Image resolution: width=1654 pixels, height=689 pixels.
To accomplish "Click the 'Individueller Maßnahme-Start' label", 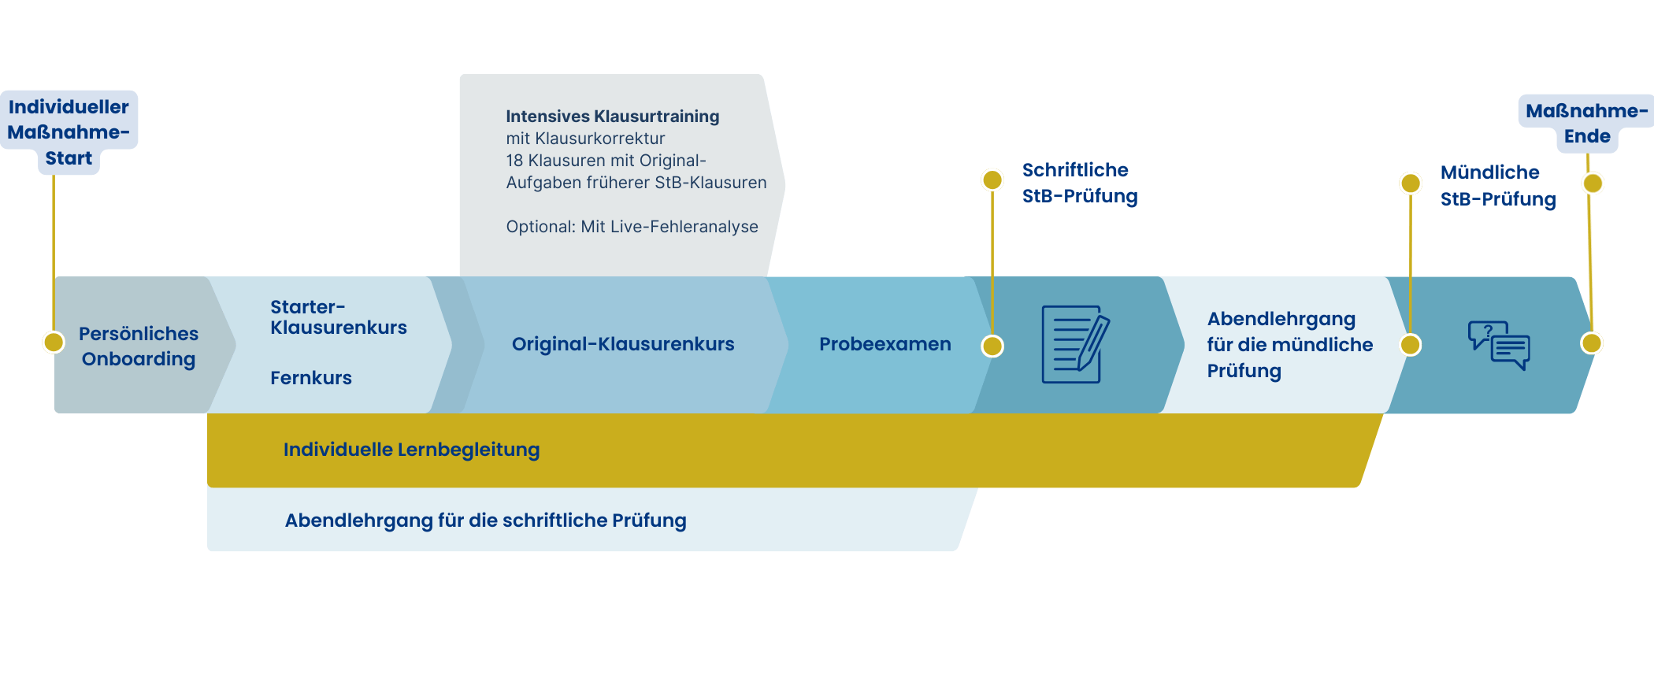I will pos(69,132).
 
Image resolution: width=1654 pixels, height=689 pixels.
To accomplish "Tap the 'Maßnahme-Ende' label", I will pos(1586,124).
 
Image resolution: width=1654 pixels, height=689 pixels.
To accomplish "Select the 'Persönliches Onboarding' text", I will pos(139,346).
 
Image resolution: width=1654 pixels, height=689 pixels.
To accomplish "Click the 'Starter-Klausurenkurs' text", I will pos(339,317).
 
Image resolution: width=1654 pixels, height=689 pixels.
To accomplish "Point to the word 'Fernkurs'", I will pos(311,378).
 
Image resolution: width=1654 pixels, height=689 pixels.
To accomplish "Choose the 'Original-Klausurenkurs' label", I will pos(623,344).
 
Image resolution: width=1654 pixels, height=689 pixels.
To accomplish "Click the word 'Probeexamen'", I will pos(885,344).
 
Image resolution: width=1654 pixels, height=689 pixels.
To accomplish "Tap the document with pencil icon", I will pos(1075,345).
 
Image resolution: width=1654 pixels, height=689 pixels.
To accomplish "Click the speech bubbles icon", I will pos(1499,345).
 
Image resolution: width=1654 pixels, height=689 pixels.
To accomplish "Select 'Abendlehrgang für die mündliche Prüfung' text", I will pos(1289,345).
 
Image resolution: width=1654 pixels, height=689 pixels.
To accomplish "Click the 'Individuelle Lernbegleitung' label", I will pos(411,450).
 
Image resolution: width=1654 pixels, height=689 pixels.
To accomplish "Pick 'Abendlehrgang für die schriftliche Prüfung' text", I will pos(485,520).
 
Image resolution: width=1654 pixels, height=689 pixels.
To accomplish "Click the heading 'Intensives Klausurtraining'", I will pos(613,117).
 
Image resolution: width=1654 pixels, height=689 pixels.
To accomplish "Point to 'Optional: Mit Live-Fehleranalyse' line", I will pos(632,227).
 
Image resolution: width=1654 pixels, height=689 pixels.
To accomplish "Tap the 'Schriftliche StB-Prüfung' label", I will pos(1080,183).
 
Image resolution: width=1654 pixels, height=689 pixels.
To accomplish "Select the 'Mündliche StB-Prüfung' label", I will pos(1498,186).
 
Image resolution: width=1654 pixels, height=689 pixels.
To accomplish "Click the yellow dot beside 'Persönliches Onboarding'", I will pos(54,342).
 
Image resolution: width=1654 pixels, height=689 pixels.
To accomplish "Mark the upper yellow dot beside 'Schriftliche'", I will pos(992,180).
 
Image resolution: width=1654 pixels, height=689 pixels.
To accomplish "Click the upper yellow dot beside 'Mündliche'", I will pos(1411,183).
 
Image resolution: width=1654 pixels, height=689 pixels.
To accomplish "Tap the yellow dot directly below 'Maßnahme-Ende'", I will pos(1593,183).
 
